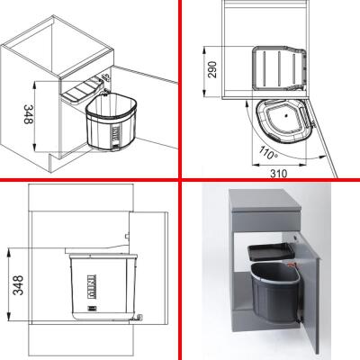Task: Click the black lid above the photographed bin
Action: click(271, 248)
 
